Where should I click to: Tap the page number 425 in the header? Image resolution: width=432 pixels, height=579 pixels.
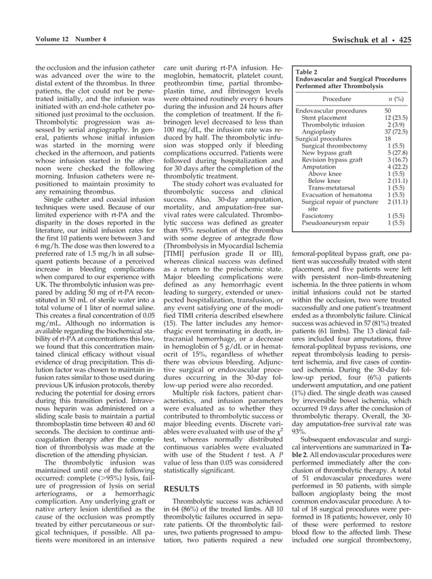(405, 40)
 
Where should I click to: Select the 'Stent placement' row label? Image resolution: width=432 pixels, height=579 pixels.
(326, 118)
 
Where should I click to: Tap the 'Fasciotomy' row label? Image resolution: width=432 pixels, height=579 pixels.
(319, 215)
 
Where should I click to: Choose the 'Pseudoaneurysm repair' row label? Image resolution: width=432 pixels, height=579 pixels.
(334, 222)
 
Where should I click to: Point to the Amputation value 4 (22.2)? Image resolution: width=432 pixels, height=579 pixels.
(395, 167)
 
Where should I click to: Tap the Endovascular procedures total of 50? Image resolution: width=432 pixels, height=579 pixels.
(389, 110)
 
